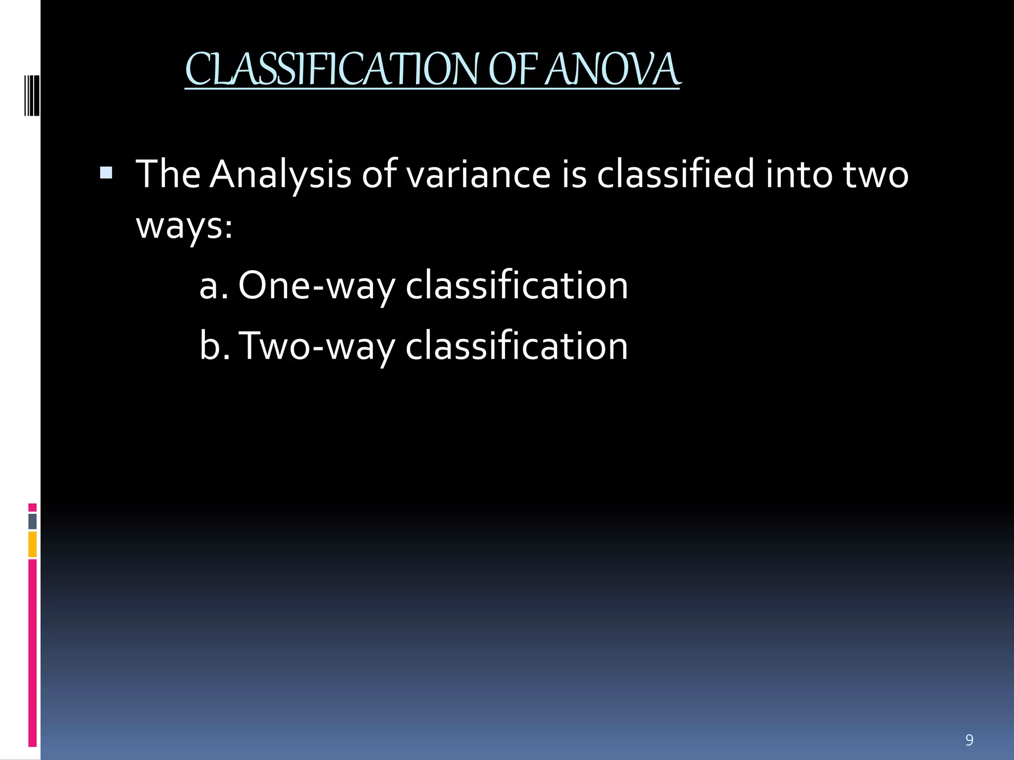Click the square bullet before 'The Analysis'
(x=106, y=173)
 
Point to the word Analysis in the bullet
(x=280, y=175)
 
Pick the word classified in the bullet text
(x=675, y=175)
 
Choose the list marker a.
(x=213, y=286)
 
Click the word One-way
(x=316, y=286)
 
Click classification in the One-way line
(x=516, y=286)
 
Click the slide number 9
(x=969, y=740)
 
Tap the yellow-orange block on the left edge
(x=33, y=544)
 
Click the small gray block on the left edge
(x=33, y=521)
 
